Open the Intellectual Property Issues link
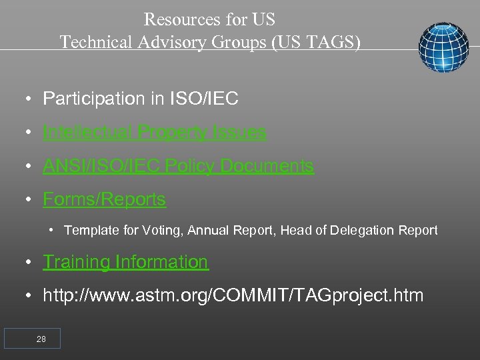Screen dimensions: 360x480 154,132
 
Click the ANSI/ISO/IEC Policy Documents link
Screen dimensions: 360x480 178,165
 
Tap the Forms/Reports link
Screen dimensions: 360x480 104,199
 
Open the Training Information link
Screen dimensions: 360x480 125,262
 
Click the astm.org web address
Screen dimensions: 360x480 233,295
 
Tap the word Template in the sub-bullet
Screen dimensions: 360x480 89,231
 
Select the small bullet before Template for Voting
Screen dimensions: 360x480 52,231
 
